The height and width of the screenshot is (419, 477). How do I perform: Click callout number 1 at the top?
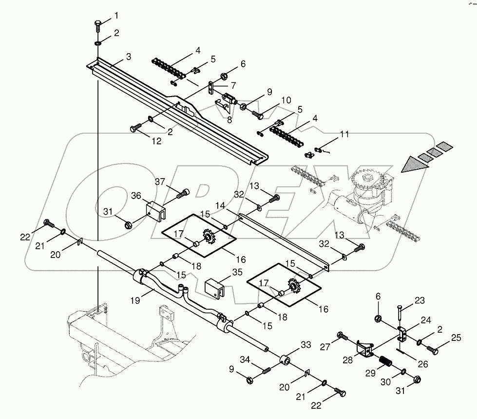(116, 16)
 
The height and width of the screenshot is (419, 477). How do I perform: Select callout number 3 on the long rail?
(128, 57)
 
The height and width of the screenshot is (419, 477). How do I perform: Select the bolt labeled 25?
(433, 349)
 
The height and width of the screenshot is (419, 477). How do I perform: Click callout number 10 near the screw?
(286, 100)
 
